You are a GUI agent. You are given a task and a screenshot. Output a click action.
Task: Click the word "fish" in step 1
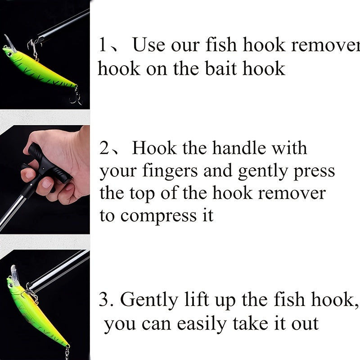pos(221,45)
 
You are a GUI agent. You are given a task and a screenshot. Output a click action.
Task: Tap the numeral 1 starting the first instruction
pos(103,45)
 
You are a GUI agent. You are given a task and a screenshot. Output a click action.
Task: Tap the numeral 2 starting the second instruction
pos(104,148)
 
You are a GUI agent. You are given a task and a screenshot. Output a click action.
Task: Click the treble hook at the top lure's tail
pos(76,96)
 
